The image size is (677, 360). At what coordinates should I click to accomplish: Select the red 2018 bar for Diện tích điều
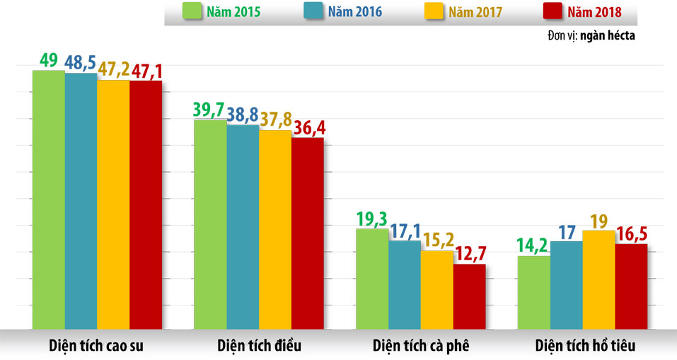click(x=308, y=233)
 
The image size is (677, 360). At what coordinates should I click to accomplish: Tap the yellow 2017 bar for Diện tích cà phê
click(x=437, y=290)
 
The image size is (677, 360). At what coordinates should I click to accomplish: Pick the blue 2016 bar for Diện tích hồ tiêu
click(x=567, y=285)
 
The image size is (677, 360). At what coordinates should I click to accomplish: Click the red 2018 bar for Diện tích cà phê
click(x=470, y=296)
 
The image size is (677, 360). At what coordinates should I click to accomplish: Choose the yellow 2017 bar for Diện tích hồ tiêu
click(x=599, y=279)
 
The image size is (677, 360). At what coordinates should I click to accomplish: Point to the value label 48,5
click(x=81, y=62)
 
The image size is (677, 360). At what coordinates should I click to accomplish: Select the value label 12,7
click(x=470, y=253)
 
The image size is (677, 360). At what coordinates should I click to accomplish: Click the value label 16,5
click(x=632, y=233)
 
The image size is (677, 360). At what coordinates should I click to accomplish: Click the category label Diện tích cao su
click(x=97, y=346)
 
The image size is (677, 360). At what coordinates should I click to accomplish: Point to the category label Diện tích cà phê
click(x=420, y=346)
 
